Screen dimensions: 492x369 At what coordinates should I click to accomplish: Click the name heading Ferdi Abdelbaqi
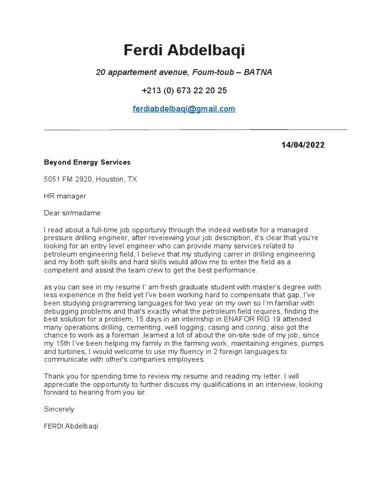tap(184, 50)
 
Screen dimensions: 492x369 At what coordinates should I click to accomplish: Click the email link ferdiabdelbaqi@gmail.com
tap(184, 109)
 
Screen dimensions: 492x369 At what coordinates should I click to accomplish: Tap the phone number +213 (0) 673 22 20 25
tap(184, 91)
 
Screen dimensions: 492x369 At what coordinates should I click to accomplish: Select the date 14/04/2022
tap(303, 145)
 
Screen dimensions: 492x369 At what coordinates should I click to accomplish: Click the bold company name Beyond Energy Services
tap(87, 162)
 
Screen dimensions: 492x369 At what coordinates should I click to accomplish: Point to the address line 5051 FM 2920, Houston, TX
tap(90, 179)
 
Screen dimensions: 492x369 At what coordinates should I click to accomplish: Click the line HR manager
tap(65, 196)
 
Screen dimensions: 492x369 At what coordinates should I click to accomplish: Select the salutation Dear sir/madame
tap(73, 213)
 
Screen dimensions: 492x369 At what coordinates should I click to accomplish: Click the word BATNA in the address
tap(258, 73)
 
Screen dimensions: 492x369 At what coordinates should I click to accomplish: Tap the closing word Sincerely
tap(59, 409)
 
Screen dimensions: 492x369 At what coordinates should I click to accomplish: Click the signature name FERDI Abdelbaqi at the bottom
tap(71, 426)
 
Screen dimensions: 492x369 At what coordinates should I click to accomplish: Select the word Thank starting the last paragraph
tap(54, 376)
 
